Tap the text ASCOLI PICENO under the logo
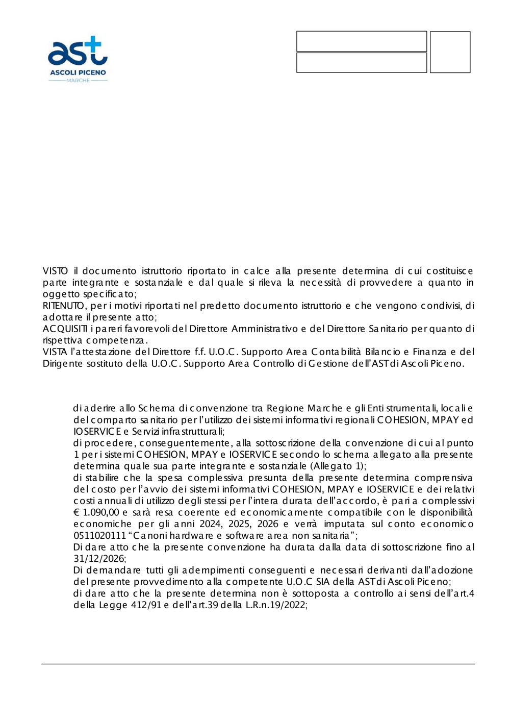click(78, 72)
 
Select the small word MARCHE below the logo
click(78, 81)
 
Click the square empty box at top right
click(450, 52)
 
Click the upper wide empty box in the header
click(361, 41)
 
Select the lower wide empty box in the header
click(361, 63)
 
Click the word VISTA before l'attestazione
click(55, 352)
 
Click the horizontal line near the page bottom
click(258, 664)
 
